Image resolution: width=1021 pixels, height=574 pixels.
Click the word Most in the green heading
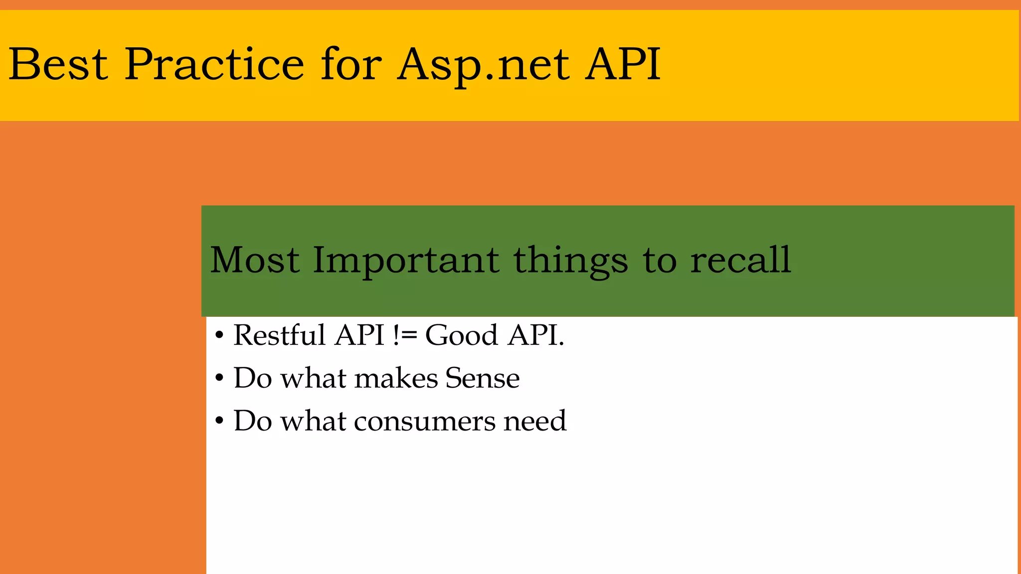click(x=255, y=260)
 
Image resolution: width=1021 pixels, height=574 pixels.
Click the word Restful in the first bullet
click(x=279, y=335)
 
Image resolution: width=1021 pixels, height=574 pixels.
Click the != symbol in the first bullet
click(x=405, y=335)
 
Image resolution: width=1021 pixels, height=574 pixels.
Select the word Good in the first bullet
click(x=461, y=335)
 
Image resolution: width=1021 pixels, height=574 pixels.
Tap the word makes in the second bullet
click(x=396, y=378)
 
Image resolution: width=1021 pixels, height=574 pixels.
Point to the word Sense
click(x=482, y=378)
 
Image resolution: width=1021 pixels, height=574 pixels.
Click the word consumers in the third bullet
click(x=425, y=422)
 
